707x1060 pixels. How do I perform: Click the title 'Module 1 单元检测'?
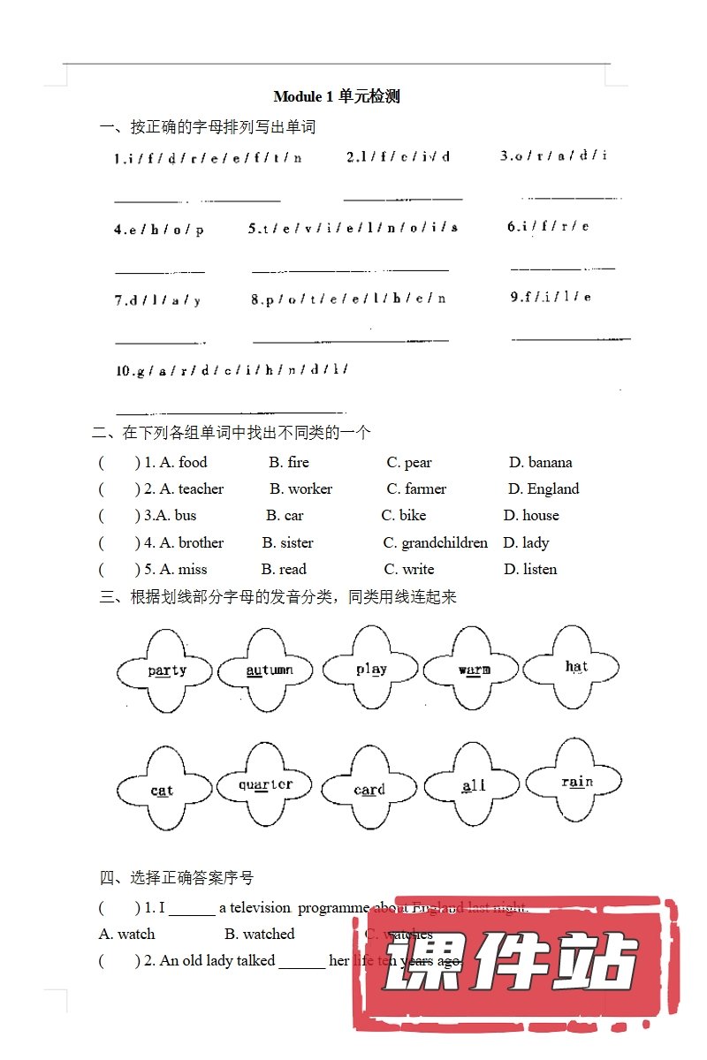[337, 96]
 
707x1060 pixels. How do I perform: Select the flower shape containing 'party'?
[165, 671]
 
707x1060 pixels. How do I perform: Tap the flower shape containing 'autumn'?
[268, 671]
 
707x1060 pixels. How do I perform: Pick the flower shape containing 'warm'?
[472, 670]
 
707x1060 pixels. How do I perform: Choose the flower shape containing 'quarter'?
[265, 784]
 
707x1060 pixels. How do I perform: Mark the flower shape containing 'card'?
[369, 789]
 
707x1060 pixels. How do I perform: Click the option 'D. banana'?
[540, 462]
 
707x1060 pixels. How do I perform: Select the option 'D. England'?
[544, 488]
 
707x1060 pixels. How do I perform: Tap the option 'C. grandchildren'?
[435, 542]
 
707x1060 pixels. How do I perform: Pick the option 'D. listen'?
[530, 569]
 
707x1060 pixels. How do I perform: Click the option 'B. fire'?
[289, 462]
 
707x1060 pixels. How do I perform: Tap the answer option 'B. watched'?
[259, 934]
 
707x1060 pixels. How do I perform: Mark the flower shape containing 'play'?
[370, 670]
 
